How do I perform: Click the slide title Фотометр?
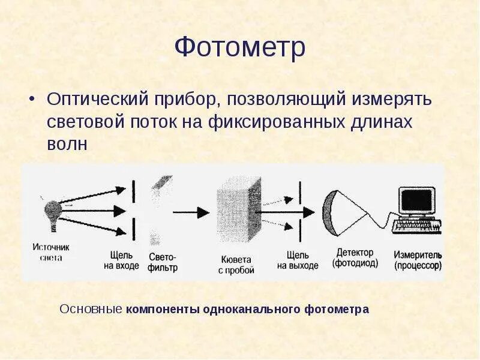[x=240, y=48]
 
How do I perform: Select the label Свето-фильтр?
[x=163, y=262]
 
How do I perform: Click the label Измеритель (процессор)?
[x=418, y=260]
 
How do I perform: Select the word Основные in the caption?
[x=92, y=310]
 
